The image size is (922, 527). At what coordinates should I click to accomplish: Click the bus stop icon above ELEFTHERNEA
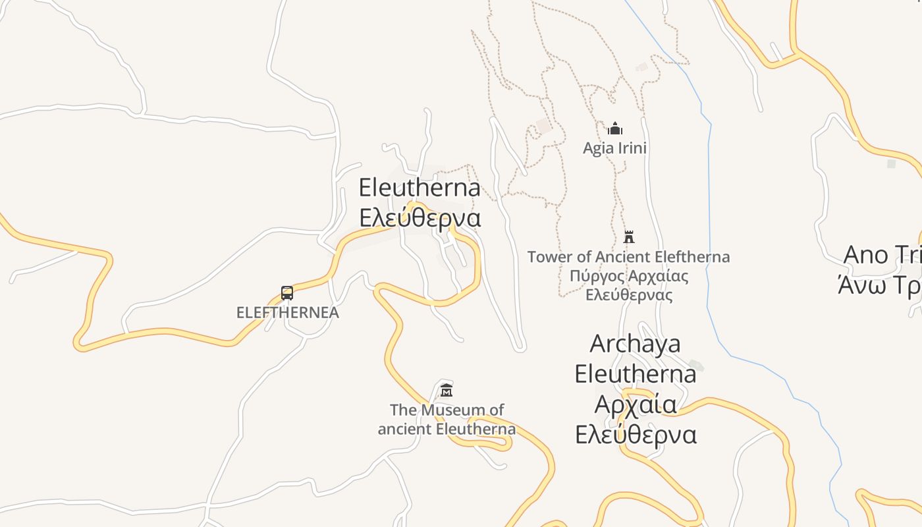[x=287, y=293]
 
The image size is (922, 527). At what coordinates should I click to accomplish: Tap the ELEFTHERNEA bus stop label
[x=288, y=312]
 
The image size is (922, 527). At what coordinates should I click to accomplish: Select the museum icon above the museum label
[x=447, y=390]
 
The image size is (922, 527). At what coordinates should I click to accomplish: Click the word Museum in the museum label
[x=462, y=410]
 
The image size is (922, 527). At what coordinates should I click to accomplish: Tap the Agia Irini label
[x=614, y=148]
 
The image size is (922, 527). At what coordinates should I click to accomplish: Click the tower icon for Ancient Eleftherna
[x=629, y=236]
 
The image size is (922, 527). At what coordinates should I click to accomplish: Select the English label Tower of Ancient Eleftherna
[x=628, y=257]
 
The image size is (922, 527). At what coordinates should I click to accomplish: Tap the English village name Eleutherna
[x=420, y=188]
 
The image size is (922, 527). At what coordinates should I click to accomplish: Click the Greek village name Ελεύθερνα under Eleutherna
[x=420, y=217]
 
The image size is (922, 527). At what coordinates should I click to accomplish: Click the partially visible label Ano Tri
[x=882, y=255]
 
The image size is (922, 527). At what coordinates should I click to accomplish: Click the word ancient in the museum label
[x=401, y=430]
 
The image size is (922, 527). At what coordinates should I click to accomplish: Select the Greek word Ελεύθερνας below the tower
[x=629, y=294]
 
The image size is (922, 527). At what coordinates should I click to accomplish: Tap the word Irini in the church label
[x=632, y=148]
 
